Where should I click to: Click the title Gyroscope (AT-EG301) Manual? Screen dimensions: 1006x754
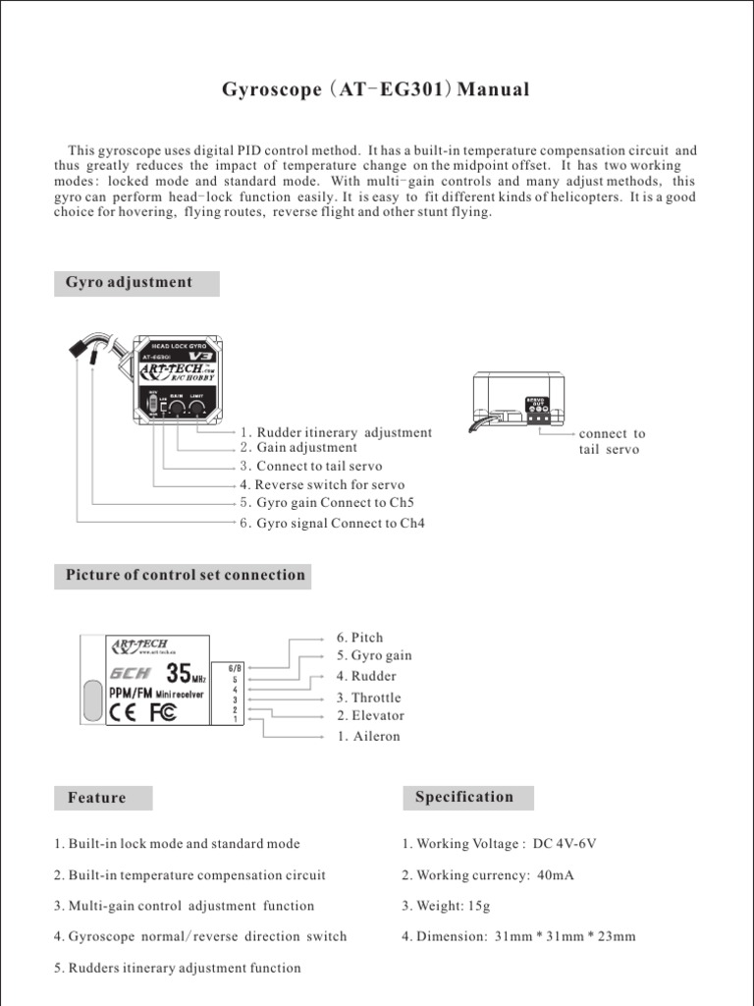click(376, 90)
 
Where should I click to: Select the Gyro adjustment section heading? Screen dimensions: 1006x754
click(129, 283)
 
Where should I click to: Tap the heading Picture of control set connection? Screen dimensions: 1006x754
click(185, 576)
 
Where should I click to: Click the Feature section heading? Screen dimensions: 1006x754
click(97, 798)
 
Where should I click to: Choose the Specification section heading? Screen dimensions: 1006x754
click(464, 797)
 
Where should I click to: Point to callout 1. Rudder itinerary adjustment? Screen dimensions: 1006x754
click(336, 432)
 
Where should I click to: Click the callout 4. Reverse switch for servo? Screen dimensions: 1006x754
click(322, 484)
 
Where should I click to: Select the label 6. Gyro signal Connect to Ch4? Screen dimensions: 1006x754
click(332, 524)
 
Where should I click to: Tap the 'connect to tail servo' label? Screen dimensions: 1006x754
click(612, 441)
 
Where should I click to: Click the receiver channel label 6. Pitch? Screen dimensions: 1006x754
click(359, 638)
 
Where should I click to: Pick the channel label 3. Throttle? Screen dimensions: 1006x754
click(368, 698)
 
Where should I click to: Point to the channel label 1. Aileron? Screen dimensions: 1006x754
click(368, 736)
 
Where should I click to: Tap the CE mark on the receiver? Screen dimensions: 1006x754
click(128, 714)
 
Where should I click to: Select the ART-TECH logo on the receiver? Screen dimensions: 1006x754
click(139, 645)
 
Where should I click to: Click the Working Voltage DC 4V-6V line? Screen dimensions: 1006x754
click(499, 844)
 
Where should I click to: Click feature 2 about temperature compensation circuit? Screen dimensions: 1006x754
click(189, 875)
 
